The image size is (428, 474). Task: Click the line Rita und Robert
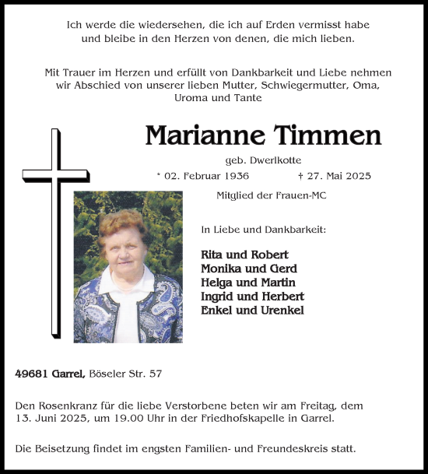[x=244, y=255]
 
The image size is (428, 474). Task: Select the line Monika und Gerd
[x=244, y=269]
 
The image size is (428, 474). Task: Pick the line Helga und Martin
[x=247, y=283]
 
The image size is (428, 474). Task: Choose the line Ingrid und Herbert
[x=252, y=297]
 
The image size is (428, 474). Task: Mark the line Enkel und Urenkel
[x=251, y=311]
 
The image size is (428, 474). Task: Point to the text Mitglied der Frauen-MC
[x=271, y=195]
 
